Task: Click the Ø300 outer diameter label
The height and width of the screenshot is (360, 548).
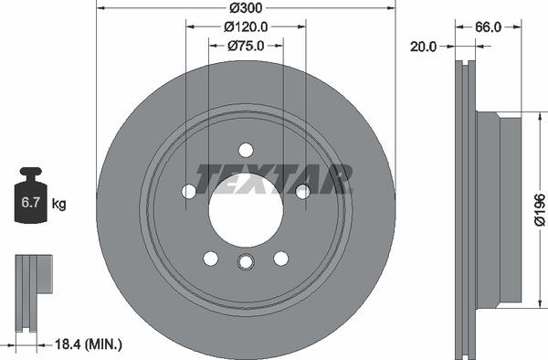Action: tap(245, 7)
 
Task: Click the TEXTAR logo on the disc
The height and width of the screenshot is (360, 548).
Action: tap(273, 178)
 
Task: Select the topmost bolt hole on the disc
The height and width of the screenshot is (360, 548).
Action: tap(245, 149)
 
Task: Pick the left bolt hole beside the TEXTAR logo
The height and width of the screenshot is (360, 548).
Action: tap(189, 191)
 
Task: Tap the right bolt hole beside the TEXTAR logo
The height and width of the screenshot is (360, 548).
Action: tap(301, 191)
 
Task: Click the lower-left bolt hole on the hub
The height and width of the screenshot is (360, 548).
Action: tap(210, 258)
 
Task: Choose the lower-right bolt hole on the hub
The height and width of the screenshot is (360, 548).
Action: tap(280, 258)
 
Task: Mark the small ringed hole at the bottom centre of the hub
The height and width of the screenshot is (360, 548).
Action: tap(245, 263)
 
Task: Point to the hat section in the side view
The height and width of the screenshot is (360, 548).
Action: tap(498, 207)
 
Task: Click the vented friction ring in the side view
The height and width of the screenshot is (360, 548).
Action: tap(466, 207)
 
